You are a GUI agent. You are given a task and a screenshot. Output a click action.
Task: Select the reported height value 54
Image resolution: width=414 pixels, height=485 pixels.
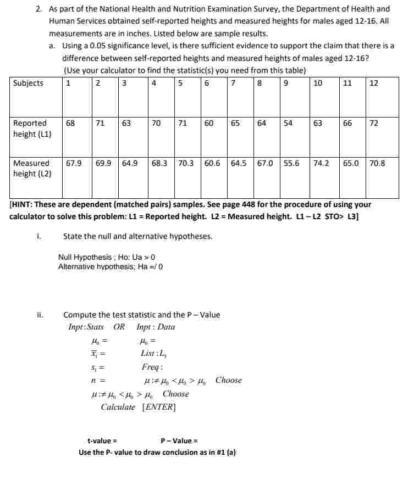pos(288,124)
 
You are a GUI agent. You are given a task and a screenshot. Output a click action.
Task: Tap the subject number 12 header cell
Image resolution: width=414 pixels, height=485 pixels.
pos(374,83)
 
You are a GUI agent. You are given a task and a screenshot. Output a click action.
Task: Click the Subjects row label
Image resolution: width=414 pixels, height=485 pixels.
pos(28,83)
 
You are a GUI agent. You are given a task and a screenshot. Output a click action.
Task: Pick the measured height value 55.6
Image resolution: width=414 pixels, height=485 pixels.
pos(292,163)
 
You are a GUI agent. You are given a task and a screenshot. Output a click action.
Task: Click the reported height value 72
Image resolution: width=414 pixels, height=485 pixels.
pos(374,124)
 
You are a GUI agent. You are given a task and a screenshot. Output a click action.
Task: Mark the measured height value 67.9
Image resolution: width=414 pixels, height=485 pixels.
pos(74,163)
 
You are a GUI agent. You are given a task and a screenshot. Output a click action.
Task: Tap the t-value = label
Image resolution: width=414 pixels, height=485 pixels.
pos(102,441)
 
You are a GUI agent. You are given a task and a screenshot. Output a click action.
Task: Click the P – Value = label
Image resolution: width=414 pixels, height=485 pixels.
pos(179,441)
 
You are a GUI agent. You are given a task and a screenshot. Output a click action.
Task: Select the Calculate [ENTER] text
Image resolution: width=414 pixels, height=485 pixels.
pos(138,407)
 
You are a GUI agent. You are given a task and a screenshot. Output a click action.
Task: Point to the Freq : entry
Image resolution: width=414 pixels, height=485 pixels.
pos(152,367)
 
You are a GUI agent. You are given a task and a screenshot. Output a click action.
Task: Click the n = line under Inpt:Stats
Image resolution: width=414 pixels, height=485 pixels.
pos(98,380)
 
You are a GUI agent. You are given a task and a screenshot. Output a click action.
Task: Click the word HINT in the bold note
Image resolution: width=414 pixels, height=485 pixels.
pos(23,204)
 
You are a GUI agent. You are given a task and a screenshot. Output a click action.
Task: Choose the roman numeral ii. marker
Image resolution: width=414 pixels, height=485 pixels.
pos(40,315)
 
